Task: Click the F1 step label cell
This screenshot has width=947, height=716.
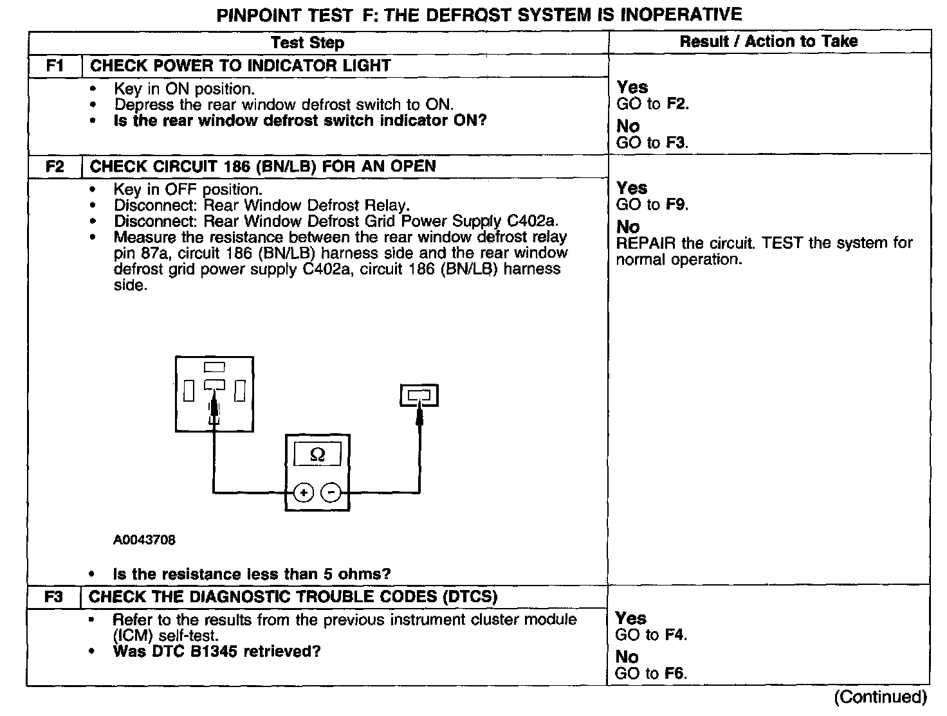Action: (55, 66)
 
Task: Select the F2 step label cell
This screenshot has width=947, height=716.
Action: (55, 166)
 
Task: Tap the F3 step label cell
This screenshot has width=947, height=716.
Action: (54, 596)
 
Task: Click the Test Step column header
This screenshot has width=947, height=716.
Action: (308, 42)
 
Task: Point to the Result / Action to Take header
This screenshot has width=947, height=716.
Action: (769, 42)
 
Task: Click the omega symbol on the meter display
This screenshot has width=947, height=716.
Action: (317, 455)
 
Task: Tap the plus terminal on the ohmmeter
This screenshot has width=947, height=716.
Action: (303, 493)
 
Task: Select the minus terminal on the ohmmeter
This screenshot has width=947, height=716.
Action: (331, 493)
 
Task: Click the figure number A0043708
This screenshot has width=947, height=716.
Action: (144, 540)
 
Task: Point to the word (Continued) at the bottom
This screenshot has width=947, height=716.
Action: (880, 697)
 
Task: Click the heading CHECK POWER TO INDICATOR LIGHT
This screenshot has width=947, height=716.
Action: (241, 66)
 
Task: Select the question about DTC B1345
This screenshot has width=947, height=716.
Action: (217, 652)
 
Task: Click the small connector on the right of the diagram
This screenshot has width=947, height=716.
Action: (419, 395)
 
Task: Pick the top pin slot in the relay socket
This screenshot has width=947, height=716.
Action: (214, 368)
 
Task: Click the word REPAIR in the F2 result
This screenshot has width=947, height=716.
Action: (646, 244)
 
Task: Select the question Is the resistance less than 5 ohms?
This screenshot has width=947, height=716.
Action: (252, 574)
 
